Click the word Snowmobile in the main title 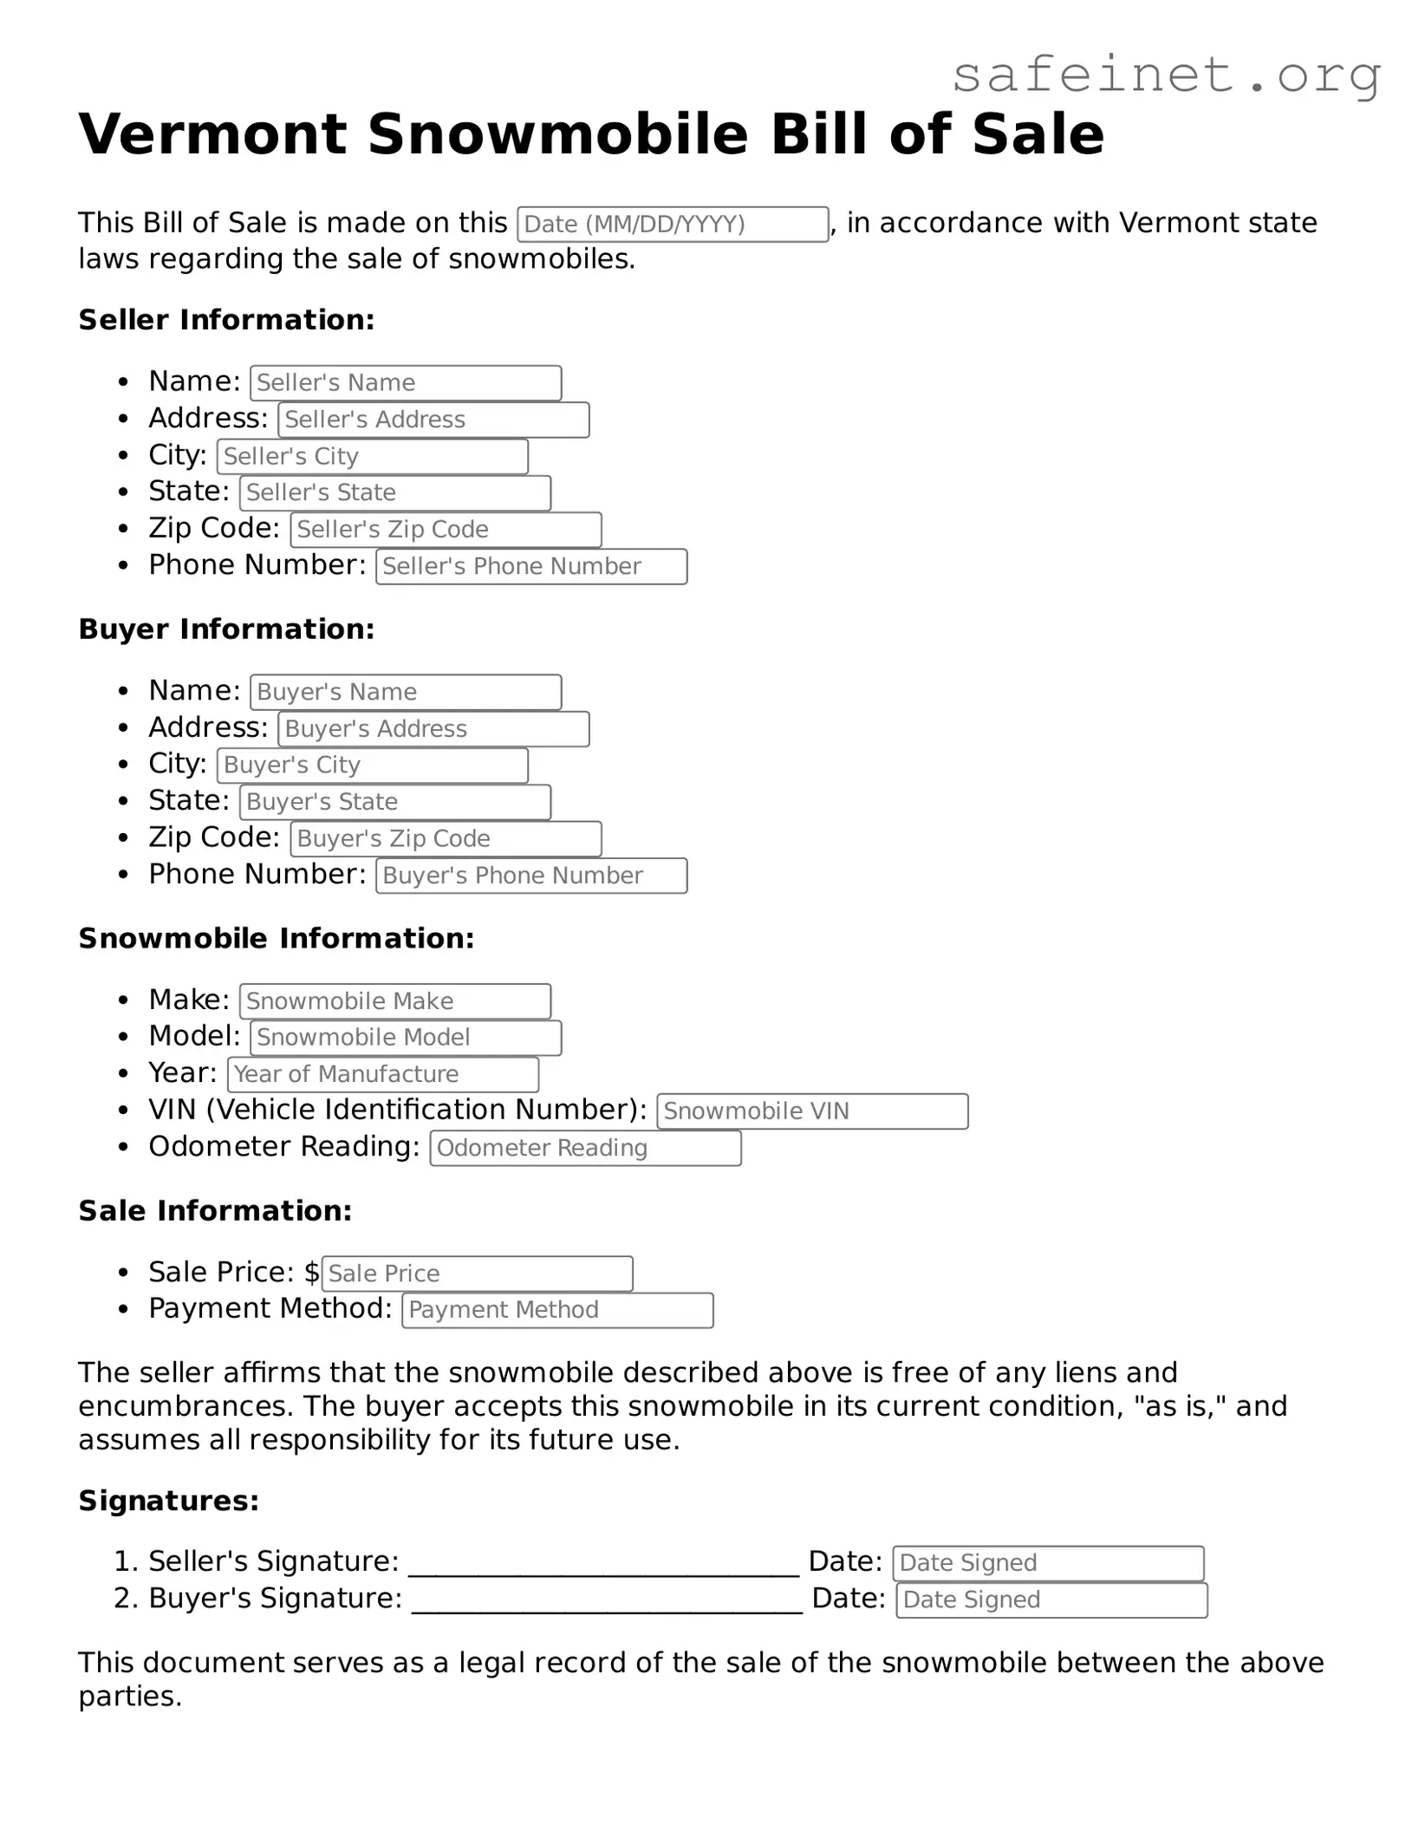[557, 134]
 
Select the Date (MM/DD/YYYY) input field [672, 225]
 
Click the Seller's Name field [406, 383]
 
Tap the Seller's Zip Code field [446, 530]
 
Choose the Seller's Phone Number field [531, 567]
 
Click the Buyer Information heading [226, 629]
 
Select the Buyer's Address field [433, 729]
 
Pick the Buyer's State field [395, 802]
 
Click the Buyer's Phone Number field [531, 876]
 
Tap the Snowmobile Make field [395, 1001]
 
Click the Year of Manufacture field [383, 1074]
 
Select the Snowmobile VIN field [812, 1111]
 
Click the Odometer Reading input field [585, 1148]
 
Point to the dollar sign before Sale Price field [312, 1272]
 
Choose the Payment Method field [557, 1310]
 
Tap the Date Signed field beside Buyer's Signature [1051, 1600]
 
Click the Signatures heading [169, 1501]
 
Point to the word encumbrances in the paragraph [185, 1405]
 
